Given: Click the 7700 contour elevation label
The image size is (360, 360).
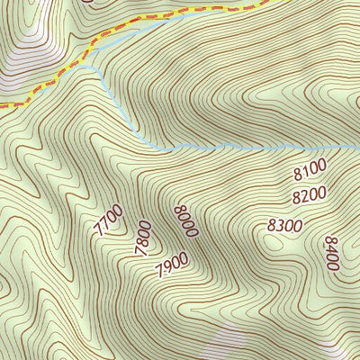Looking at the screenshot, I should click(107, 220).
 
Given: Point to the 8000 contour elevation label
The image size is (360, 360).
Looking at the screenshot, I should click(184, 221).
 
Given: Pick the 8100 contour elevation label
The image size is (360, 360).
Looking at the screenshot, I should click(309, 169).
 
